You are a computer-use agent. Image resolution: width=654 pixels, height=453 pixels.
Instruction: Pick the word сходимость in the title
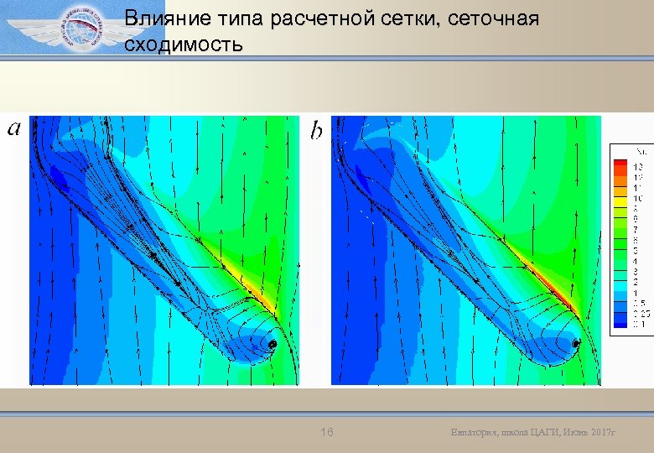tap(184, 44)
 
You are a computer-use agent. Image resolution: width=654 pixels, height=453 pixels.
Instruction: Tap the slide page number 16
tap(328, 432)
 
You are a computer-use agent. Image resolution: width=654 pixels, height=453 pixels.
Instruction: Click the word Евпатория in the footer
tap(473, 433)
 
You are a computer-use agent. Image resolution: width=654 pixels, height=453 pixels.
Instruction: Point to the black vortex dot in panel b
tap(576, 344)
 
